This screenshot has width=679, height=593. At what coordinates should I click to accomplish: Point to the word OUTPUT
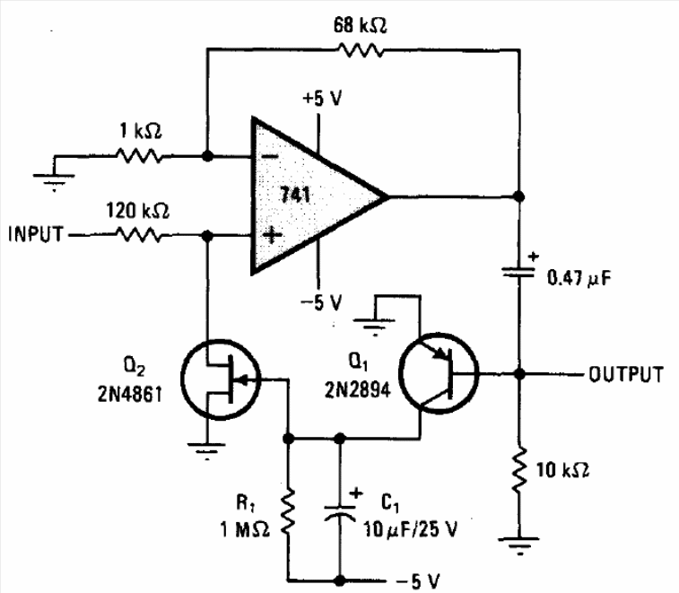tap(626, 374)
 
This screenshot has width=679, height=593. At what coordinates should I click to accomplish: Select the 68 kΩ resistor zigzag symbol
tap(360, 50)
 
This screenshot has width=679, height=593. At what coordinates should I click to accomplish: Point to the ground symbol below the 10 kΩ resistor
tap(518, 542)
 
